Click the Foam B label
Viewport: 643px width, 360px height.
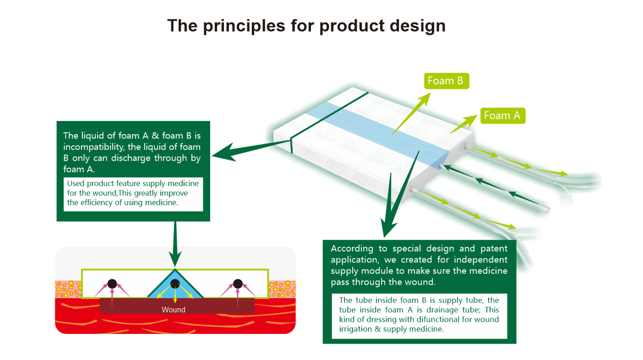coord(446,81)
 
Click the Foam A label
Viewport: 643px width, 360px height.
coord(502,116)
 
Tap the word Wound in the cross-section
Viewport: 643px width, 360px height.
coord(173,310)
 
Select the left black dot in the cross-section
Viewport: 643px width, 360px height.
coord(112,284)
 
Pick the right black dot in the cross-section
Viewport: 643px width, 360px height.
coord(238,284)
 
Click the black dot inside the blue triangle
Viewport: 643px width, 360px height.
coord(175,283)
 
